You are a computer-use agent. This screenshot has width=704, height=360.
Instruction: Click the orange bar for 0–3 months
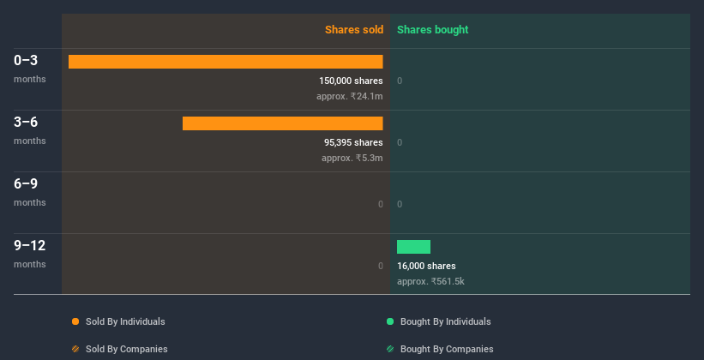pos(226,62)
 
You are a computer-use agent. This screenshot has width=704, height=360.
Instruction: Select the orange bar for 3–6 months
pos(282,123)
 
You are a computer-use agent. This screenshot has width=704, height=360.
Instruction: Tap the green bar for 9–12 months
pos(413,247)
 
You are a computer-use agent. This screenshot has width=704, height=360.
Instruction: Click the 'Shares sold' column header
pos(353,30)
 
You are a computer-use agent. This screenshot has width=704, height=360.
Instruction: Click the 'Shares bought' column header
pos(432,30)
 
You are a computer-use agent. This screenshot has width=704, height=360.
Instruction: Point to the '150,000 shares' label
pos(351,81)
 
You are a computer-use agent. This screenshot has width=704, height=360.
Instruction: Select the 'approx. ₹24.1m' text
pos(349,96)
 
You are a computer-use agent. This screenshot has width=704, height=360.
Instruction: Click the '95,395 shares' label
pos(353,142)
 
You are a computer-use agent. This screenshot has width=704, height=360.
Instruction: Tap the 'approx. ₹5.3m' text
pos(352,158)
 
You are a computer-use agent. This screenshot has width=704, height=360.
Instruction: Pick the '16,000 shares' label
pos(426,266)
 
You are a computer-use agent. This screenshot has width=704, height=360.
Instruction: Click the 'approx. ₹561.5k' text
pos(430,281)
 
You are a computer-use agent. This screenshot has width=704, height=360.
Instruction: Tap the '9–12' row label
pos(30,245)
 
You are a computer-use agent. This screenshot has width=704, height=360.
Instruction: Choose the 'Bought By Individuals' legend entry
pos(445,321)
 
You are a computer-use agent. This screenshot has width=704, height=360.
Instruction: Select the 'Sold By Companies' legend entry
pos(126,349)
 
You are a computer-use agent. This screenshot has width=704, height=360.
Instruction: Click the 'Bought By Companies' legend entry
pos(446,349)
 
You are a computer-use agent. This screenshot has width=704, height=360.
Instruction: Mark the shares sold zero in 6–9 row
pos(380,204)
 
